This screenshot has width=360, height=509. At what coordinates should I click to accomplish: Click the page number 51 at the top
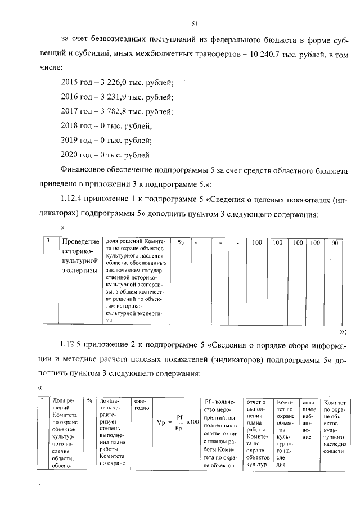coord(194,23)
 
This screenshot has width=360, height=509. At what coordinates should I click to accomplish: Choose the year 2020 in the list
coord(69,154)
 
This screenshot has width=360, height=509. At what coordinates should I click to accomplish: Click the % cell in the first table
coord(181,242)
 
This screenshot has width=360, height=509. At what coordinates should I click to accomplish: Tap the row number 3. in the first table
coord(49,241)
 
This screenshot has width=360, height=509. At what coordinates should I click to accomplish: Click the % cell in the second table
coord(89,401)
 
